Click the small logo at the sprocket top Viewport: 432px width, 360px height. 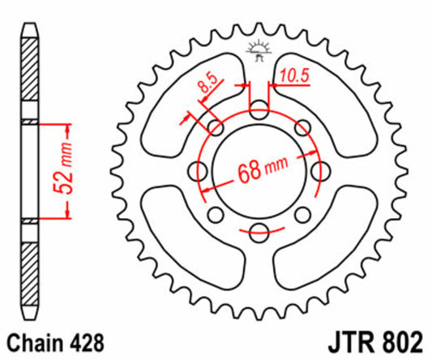coord(260,50)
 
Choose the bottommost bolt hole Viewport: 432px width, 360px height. coord(259,229)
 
